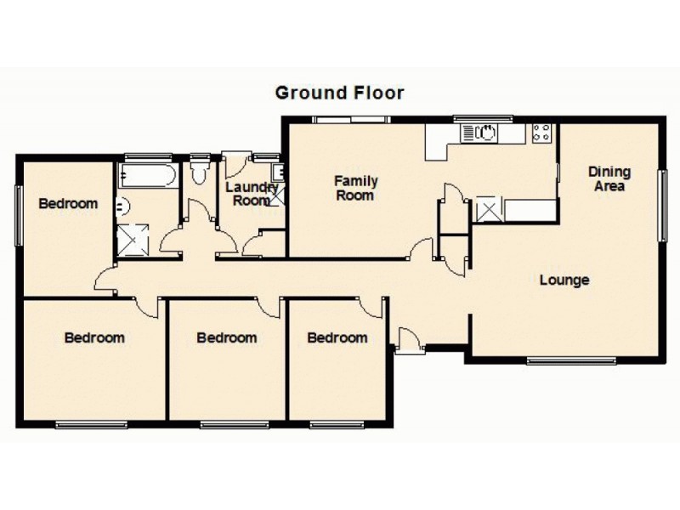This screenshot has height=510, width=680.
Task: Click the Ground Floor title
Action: (x=339, y=92)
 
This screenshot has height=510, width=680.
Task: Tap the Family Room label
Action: (x=355, y=188)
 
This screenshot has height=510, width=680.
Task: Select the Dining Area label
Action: (x=609, y=178)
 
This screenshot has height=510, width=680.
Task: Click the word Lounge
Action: (x=564, y=280)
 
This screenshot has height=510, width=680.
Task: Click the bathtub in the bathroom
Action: (x=147, y=176)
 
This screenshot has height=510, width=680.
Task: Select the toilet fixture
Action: (x=201, y=175)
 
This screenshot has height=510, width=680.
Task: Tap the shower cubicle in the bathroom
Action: (x=134, y=240)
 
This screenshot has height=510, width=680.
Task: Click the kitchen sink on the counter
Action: (x=480, y=133)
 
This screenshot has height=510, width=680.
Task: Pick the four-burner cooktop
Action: (x=541, y=133)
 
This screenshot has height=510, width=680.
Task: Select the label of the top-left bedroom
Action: (x=67, y=204)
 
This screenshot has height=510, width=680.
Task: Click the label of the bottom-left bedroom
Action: (x=94, y=337)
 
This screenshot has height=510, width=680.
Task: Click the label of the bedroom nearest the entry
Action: (x=337, y=337)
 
